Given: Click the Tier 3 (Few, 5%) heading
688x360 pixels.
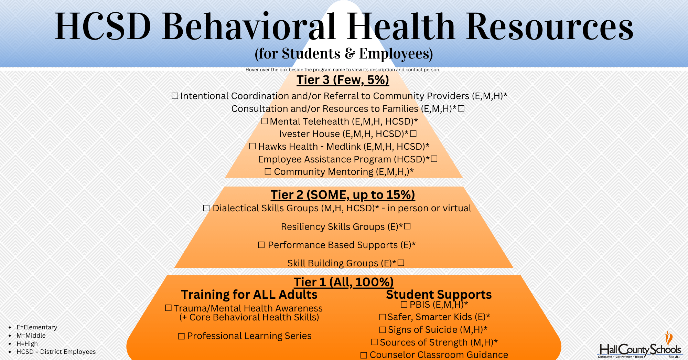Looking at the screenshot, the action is click(343, 80).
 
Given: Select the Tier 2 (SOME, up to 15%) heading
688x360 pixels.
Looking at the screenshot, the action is click(343, 195).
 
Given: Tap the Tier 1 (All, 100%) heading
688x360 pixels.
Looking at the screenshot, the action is click(344, 282).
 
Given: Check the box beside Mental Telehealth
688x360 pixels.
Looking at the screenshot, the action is click(265, 121).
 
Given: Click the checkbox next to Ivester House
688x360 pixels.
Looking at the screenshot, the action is click(413, 134).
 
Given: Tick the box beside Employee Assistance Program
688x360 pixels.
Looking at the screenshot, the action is click(434, 159).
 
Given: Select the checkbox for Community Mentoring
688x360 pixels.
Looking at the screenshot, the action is click(268, 171).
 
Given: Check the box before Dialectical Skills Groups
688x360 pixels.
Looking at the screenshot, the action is click(206, 208).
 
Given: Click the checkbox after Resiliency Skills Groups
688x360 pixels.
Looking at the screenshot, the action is click(408, 226).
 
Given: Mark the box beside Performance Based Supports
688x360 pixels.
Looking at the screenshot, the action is click(261, 245).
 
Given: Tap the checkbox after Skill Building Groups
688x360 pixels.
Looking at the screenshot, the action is click(401, 263).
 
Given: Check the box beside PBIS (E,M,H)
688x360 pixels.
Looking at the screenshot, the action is click(404, 305).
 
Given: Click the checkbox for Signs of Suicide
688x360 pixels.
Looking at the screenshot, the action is click(383, 330).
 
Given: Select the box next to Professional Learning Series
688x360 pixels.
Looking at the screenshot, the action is click(181, 336).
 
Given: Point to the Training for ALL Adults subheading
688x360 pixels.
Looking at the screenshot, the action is click(249, 295).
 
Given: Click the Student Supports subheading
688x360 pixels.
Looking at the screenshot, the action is click(439, 295).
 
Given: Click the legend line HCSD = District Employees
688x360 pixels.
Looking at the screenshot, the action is click(56, 352).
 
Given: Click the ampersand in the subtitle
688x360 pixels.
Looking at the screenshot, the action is click(350, 54).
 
